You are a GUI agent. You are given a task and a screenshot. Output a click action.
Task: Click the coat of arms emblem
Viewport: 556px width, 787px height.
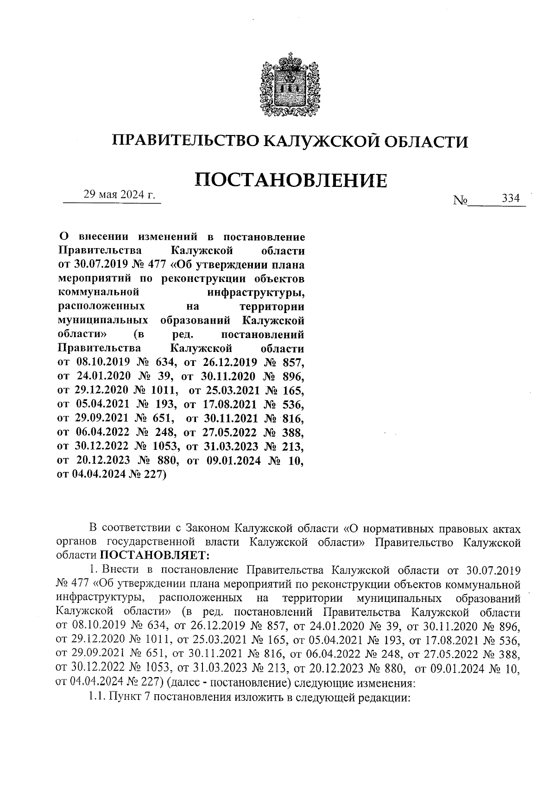286,85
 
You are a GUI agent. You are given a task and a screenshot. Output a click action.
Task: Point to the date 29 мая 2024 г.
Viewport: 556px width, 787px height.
119,194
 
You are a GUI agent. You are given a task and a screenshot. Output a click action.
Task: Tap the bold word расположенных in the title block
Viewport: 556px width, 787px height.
101,307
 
